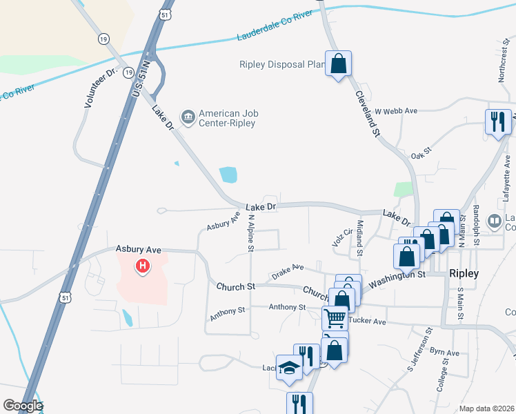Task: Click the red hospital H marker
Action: click(143, 265)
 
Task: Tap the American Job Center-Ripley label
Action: click(227, 118)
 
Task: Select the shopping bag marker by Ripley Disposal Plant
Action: click(338, 65)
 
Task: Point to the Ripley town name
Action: click(464, 273)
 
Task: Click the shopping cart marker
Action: click(335, 318)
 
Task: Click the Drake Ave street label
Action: click(288, 268)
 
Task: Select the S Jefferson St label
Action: click(419, 353)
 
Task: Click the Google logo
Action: click(23, 406)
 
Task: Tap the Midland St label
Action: click(359, 237)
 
